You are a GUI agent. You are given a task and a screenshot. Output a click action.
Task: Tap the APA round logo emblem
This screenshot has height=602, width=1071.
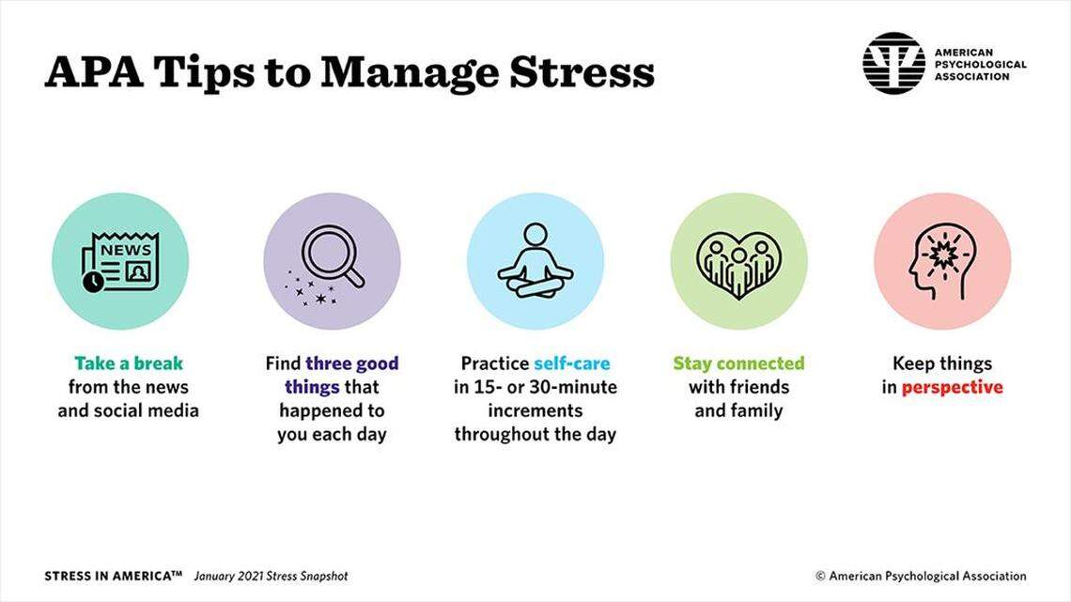pyautogui.click(x=893, y=64)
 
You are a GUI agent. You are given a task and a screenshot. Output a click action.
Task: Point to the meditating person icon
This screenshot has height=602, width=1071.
pyautogui.click(x=535, y=260)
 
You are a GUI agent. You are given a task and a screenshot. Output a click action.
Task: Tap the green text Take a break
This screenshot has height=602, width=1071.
pyautogui.click(x=129, y=363)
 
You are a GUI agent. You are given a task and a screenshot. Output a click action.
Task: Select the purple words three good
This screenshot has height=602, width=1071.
pyautogui.click(x=352, y=363)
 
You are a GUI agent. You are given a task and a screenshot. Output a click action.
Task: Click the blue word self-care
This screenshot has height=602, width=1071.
pyautogui.click(x=571, y=363)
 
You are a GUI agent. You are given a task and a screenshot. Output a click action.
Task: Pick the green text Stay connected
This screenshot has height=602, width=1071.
pyautogui.click(x=738, y=363)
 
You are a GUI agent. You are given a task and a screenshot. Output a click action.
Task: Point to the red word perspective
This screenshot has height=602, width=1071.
pyautogui.click(x=952, y=387)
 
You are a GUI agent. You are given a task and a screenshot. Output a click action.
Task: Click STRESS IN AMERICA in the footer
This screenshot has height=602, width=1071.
pyautogui.click(x=113, y=576)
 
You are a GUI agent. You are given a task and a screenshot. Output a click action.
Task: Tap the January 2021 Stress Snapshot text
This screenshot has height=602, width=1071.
pyautogui.click(x=271, y=576)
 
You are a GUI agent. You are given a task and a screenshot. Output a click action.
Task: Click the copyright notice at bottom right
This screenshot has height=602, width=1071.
pyautogui.click(x=920, y=576)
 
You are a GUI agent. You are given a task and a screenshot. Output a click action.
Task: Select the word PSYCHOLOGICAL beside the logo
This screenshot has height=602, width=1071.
pyautogui.click(x=979, y=65)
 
